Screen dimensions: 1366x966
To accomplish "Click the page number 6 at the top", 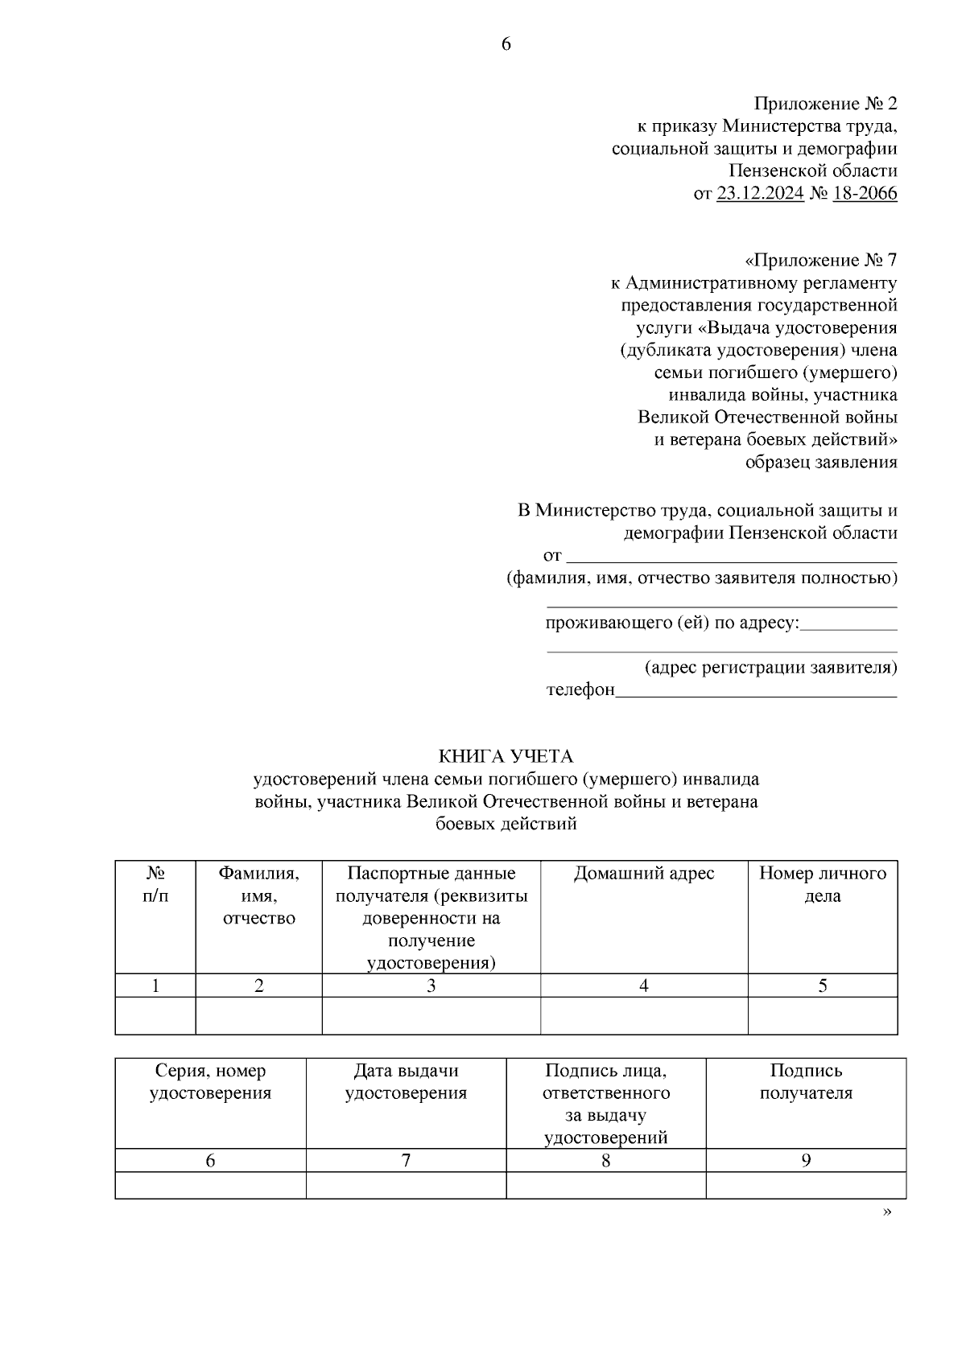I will click(x=506, y=45).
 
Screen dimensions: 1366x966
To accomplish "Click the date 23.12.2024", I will click(x=760, y=194).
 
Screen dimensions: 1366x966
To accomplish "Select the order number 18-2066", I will click(x=865, y=194).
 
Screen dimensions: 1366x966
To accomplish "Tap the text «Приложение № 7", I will click(x=820, y=261).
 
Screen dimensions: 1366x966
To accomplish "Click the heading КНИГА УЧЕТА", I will click(x=506, y=756).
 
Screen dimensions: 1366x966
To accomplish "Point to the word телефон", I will click(x=580, y=690).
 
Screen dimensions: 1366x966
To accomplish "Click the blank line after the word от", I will click(x=732, y=555).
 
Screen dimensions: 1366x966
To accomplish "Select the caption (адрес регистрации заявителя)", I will click(x=770, y=668).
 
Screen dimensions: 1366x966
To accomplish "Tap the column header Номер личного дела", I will click(x=822, y=885).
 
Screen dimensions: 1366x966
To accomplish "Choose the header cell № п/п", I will click(x=155, y=885).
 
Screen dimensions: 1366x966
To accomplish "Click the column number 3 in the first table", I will click(x=431, y=986).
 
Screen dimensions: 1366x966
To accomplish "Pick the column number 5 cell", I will click(x=822, y=986).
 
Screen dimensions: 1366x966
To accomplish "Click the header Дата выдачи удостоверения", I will click(x=406, y=1082).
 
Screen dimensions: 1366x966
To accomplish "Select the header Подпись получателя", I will click(x=806, y=1082).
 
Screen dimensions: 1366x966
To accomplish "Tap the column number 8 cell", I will click(x=605, y=1161).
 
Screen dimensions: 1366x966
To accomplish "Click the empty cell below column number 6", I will click(x=210, y=1186).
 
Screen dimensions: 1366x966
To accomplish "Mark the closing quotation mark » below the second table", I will click(x=887, y=1212).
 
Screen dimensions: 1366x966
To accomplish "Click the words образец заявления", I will click(x=820, y=463).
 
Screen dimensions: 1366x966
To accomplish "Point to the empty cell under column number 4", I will click(x=643, y=1016).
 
